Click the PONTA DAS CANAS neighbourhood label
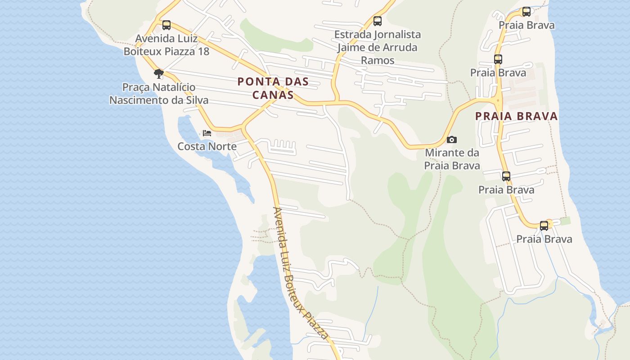273,88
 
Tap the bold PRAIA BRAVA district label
517,116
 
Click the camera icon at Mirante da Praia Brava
452,140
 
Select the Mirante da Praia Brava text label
452,159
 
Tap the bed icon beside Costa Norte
207,133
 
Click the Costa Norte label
207,146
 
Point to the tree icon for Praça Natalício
158,73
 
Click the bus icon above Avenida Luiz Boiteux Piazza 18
166,25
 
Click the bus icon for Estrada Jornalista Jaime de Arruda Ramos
378,21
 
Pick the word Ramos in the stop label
378,60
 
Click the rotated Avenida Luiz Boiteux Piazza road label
301,273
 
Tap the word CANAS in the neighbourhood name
273,95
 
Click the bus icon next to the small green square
544,225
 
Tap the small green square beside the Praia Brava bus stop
565,221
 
